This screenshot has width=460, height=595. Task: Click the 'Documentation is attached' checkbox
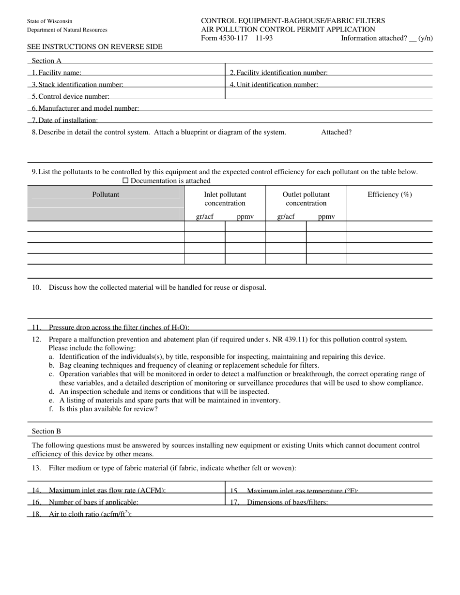[125, 181]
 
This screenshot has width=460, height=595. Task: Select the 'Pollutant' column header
[106, 194]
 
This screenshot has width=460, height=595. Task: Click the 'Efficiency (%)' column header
[389, 194]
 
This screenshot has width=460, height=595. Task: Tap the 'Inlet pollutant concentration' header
[225, 199]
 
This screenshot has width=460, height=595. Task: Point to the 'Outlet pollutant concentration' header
[306, 199]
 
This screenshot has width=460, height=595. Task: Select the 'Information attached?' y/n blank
[413, 39]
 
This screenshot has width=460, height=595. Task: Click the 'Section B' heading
[46, 431]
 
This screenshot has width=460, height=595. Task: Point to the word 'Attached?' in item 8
[336, 132]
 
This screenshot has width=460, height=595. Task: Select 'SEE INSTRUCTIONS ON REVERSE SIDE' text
[95, 47]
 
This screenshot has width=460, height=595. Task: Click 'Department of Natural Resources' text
[67, 30]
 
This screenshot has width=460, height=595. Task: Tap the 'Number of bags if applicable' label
[93, 502]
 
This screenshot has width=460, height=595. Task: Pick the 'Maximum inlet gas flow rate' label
[107, 491]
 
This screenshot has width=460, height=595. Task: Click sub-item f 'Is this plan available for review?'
[108, 409]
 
